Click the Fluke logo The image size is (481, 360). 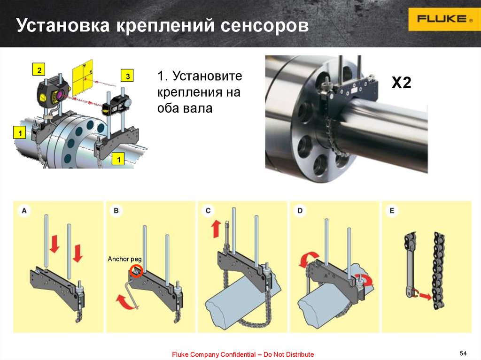[x=444, y=19]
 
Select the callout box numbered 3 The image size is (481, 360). [x=127, y=76]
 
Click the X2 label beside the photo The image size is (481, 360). [x=401, y=83]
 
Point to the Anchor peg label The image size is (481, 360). [x=124, y=259]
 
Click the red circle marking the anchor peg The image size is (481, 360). [x=135, y=271]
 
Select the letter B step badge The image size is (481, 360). [x=116, y=211]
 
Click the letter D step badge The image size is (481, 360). [x=300, y=211]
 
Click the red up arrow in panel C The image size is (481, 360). [x=216, y=229]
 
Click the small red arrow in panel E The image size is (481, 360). [x=426, y=297]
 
